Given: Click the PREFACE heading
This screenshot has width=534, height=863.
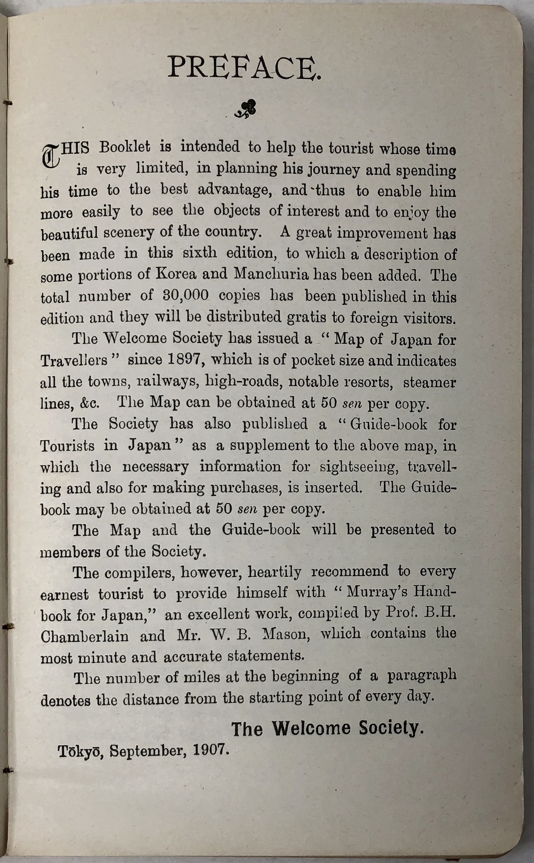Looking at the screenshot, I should pos(245,67).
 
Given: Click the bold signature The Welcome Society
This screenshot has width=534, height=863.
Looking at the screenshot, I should pos(327,728).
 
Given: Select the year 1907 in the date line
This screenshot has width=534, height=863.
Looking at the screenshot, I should pos(211,750).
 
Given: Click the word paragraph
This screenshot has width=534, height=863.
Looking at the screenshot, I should pos(422,676).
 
